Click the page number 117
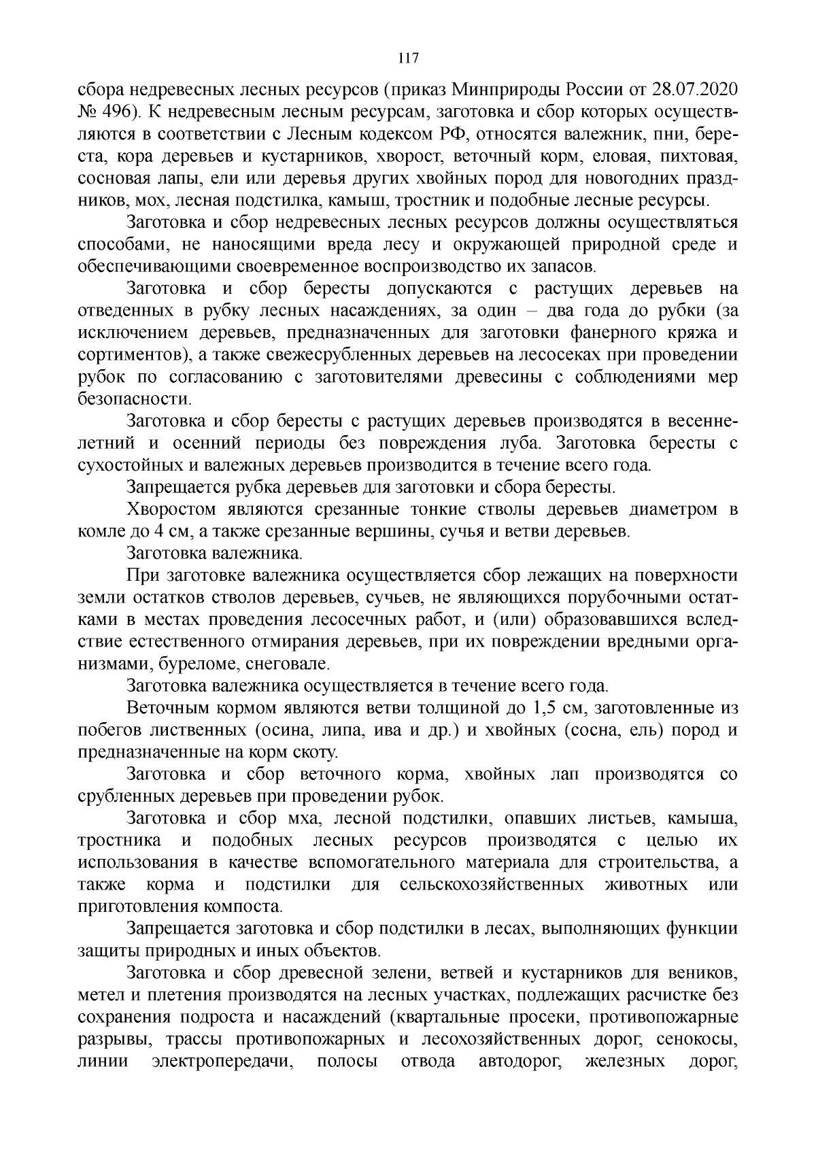(407, 58)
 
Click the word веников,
(705, 973)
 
